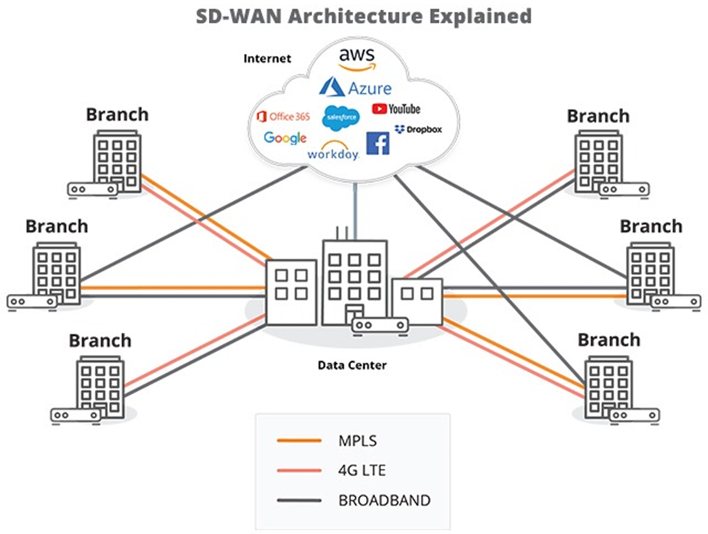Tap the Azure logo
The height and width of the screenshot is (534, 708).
355,88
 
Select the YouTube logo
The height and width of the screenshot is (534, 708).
395,108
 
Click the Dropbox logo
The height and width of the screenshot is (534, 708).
418,129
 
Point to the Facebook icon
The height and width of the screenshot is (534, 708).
377,143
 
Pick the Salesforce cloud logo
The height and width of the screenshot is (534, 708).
341,118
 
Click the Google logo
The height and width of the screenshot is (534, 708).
285,137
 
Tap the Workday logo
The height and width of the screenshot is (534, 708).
333,151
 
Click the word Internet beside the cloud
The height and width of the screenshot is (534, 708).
267,58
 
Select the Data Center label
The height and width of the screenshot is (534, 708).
352,365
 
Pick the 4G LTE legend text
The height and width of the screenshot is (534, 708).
362,470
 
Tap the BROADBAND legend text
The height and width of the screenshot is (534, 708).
384,500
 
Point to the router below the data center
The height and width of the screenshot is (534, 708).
380,326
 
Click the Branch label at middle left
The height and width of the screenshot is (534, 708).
57,227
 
